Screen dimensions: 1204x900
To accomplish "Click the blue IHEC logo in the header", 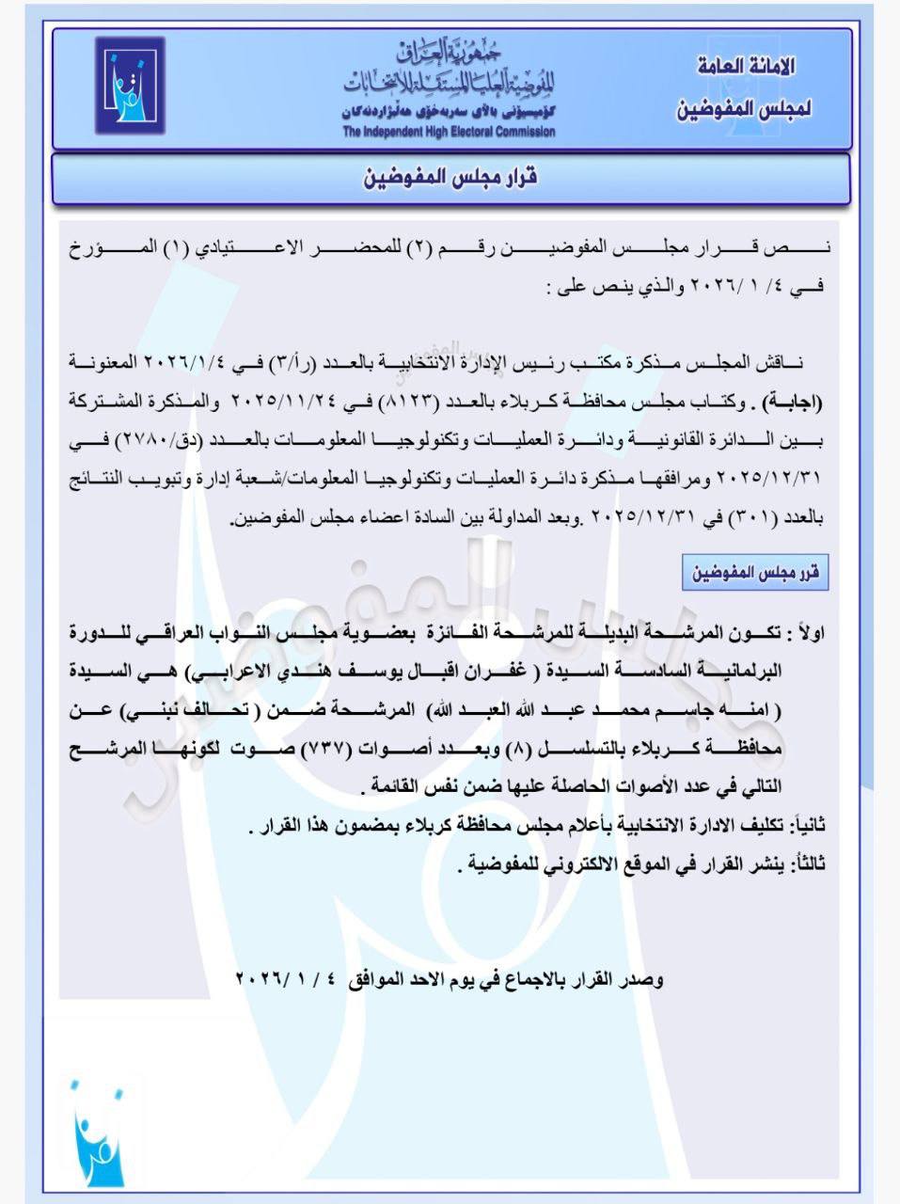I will (129, 85).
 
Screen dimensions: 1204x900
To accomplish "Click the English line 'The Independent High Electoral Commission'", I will (449, 132).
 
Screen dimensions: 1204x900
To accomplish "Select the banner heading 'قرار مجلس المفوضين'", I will (450, 177).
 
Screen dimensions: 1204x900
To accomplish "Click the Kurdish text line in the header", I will (449, 109).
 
